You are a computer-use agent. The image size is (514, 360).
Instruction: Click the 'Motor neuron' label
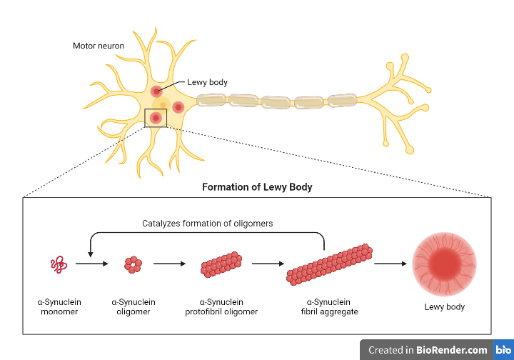(99, 46)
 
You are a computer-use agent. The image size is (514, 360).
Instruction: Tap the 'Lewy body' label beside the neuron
(208, 82)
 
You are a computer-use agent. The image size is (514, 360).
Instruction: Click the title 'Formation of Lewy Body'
(257, 187)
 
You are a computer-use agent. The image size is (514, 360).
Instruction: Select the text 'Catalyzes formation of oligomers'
(207, 224)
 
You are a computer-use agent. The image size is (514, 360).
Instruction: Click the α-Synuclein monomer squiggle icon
(59, 265)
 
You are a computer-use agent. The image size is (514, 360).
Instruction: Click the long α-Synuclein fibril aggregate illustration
(329, 264)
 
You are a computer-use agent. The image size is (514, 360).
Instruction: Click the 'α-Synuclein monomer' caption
(59, 306)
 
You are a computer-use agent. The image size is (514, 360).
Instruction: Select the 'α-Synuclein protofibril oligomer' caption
(221, 306)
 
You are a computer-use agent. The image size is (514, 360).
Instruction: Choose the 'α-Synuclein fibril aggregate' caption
(329, 306)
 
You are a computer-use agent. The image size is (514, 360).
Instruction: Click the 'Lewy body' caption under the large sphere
(444, 306)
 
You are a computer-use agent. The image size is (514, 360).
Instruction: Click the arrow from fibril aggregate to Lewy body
(390, 264)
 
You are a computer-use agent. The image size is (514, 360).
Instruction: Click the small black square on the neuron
(156, 118)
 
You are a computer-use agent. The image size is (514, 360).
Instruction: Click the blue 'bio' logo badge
(503, 350)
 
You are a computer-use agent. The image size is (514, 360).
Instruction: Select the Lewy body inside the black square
(154, 117)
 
